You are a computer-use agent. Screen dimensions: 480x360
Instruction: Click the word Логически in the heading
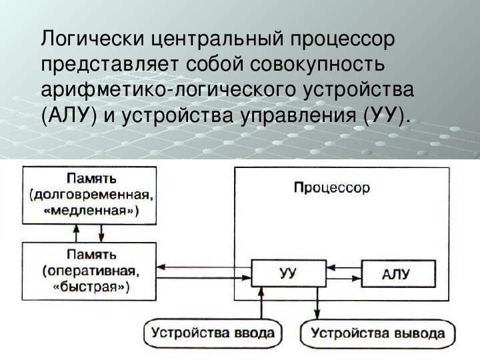tap(93, 39)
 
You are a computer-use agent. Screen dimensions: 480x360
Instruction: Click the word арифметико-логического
tap(169, 91)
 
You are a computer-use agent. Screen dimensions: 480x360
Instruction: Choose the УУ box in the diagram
tap(289, 273)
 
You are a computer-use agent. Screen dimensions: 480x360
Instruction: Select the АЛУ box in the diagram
tap(398, 274)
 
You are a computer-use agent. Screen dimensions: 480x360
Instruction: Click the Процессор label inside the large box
tap(332, 188)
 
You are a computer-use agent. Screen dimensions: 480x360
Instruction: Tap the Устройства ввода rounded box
tap(213, 333)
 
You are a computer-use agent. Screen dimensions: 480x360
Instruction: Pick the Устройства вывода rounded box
tap(378, 333)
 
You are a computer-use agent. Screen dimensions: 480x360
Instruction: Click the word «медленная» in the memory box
tap(89, 211)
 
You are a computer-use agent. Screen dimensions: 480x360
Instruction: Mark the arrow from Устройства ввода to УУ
tap(261, 303)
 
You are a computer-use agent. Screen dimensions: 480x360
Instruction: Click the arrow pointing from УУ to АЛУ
tap(344, 279)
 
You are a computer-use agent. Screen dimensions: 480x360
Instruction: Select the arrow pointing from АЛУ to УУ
tap(344, 267)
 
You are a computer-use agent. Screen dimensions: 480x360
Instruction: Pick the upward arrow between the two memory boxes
tap(77, 233)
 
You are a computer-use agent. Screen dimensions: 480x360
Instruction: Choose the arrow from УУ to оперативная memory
tap(204, 267)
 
